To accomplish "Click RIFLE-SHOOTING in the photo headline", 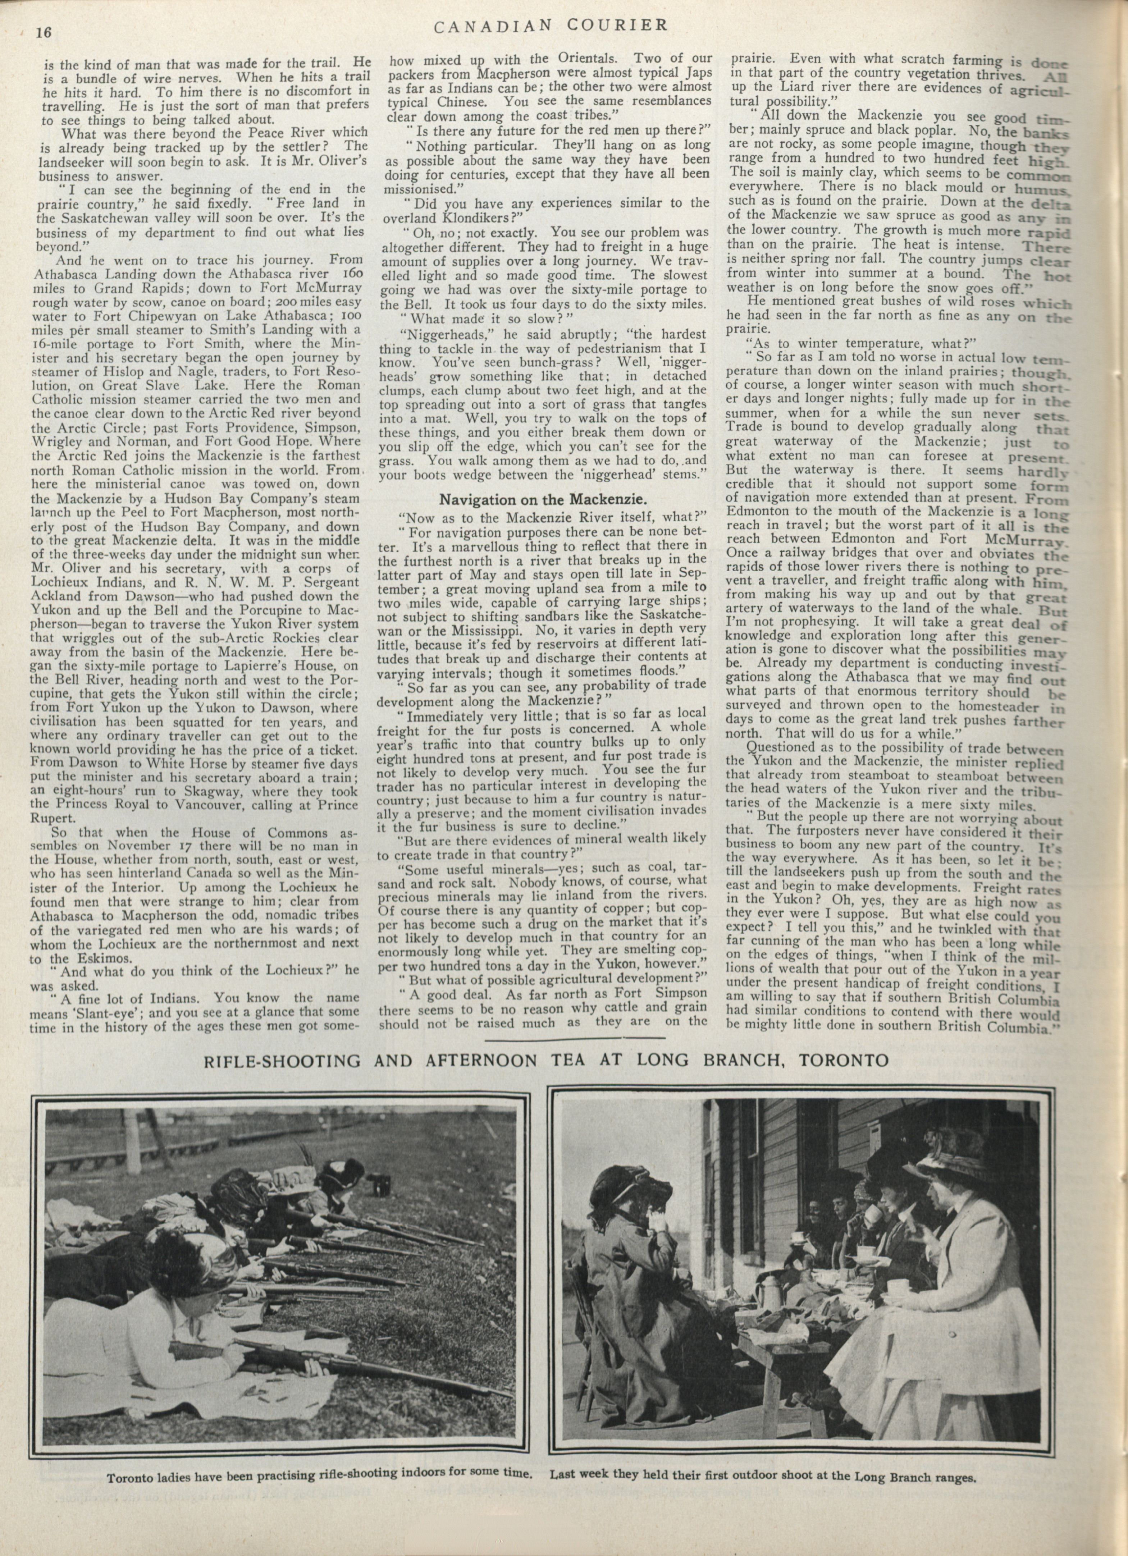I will pyautogui.click(x=283, y=1060).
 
